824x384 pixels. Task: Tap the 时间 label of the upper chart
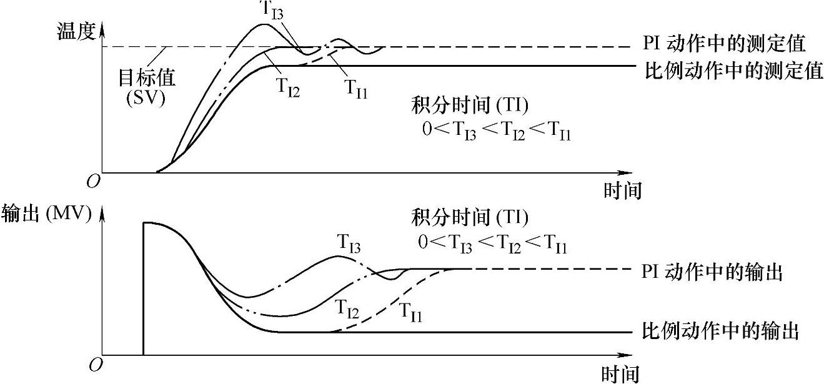pyautogui.click(x=622, y=190)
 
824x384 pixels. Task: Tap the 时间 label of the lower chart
pyautogui.click(x=620, y=374)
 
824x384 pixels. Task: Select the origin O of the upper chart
pyautogui.click(x=93, y=181)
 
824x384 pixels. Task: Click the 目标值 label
pyautogui.click(x=147, y=77)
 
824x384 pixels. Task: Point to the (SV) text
pyautogui.click(x=145, y=98)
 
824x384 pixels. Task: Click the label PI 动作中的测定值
pyautogui.click(x=723, y=43)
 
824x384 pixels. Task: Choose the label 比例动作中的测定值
pyautogui.click(x=733, y=70)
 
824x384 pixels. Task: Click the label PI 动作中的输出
pyautogui.click(x=712, y=273)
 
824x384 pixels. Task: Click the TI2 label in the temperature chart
pyautogui.click(x=288, y=88)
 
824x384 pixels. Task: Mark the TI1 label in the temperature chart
pyautogui.click(x=357, y=87)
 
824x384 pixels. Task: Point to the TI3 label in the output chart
pyautogui.click(x=349, y=242)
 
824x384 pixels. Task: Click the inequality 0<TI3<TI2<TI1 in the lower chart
pyautogui.click(x=494, y=244)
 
